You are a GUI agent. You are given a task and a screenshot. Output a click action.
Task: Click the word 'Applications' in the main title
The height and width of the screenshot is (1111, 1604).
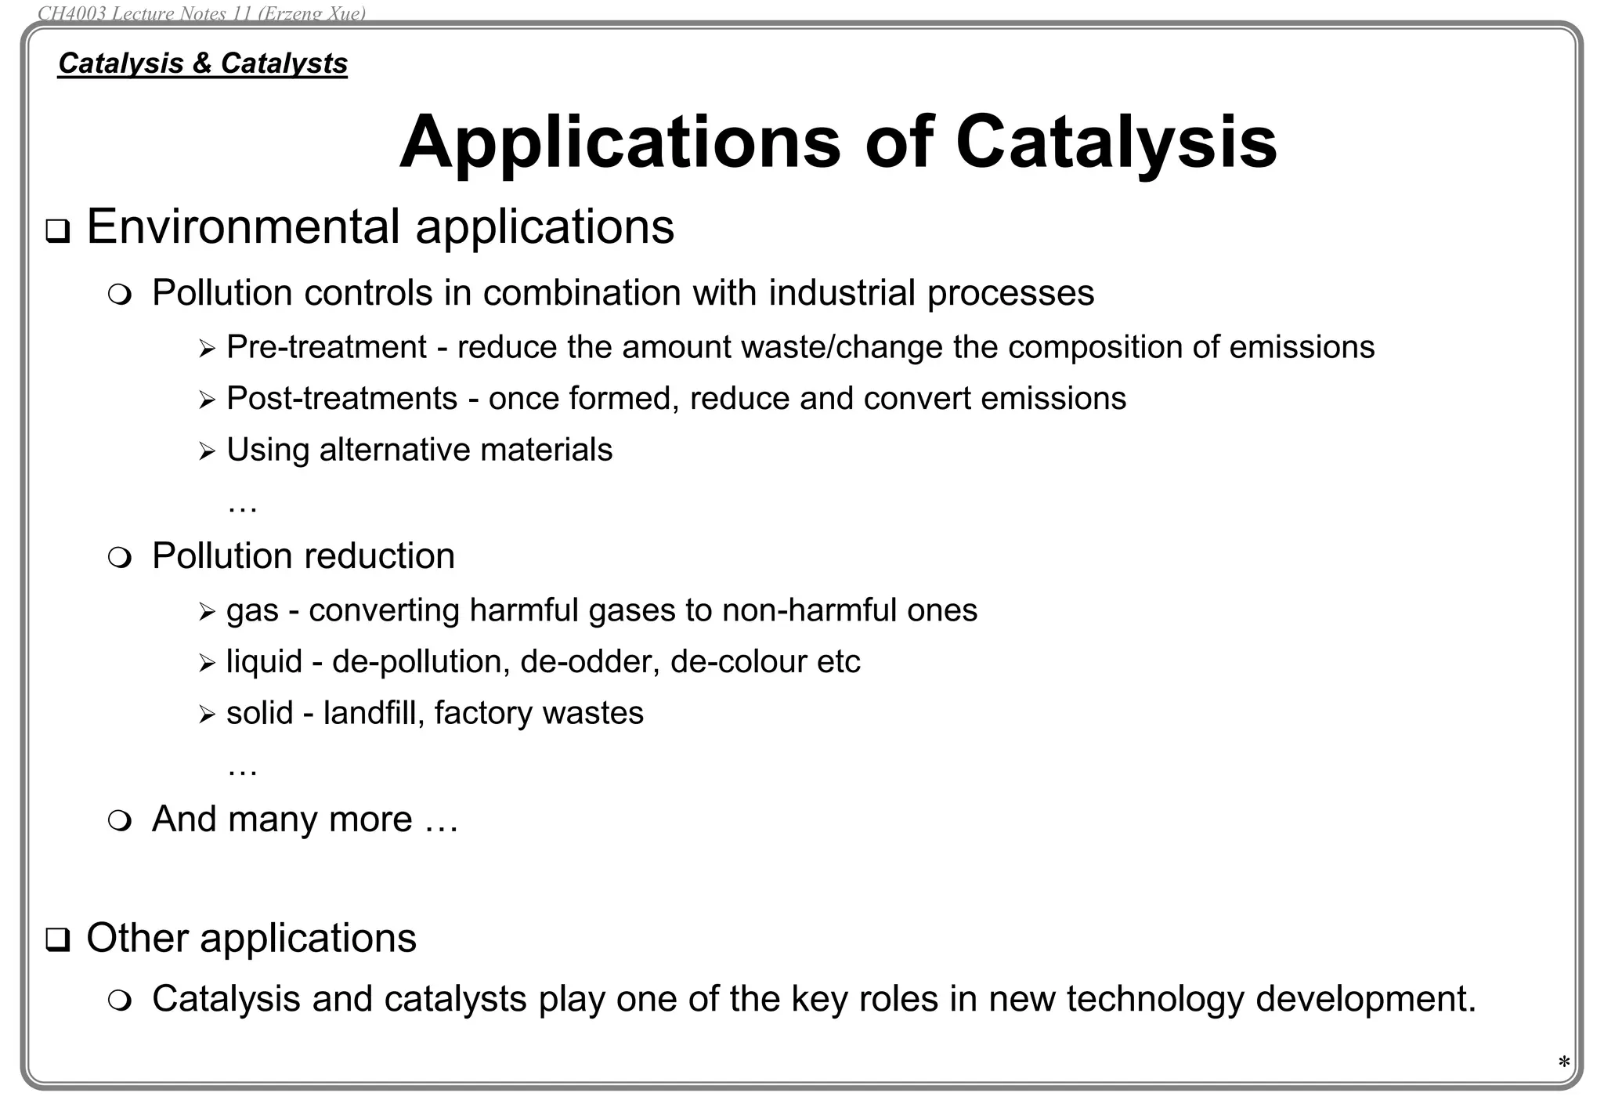[620, 143]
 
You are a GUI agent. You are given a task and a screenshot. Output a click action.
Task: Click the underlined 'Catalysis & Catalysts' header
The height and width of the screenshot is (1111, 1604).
[202, 63]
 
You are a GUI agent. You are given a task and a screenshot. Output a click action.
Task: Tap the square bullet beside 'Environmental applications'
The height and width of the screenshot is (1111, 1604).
[57, 232]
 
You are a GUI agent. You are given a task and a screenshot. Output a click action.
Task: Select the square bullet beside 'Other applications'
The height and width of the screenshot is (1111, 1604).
[57, 940]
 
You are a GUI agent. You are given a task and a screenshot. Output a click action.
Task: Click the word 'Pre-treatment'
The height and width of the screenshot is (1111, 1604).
[327, 347]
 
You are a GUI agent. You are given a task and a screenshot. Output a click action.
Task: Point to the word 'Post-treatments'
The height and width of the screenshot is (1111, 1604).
[341, 399]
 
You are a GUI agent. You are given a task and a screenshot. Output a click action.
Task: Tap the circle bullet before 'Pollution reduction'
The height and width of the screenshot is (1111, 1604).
[120, 559]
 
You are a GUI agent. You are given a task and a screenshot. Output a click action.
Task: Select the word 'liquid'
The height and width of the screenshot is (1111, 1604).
[264, 662]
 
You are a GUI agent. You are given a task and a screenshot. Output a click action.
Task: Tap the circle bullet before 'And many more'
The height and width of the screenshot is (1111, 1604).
[120, 822]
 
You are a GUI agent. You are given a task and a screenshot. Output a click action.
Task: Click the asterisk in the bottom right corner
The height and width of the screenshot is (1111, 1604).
[1563, 1063]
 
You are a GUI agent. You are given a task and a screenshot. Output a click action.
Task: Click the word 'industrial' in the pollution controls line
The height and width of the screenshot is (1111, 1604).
[842, 293]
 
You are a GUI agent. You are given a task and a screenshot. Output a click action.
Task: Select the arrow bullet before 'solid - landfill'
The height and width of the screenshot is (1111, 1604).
[207, 715]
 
